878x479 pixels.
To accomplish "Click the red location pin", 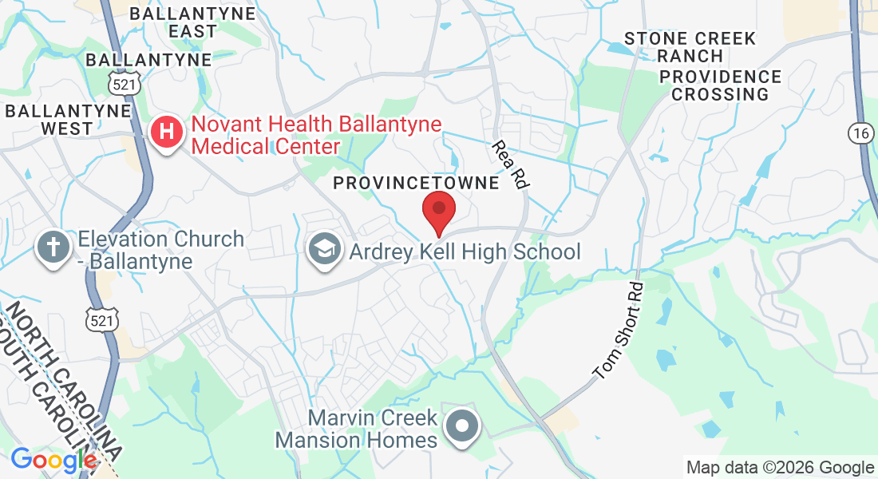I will coord(438,210).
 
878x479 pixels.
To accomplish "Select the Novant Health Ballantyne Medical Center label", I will coord(316,136).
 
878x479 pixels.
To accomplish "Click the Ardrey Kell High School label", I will coord(465,252).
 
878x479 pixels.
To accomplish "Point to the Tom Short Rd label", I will coord(618,330).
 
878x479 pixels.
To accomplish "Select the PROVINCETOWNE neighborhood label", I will coord(416,183).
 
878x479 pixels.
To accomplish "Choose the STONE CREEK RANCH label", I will coord(690,47).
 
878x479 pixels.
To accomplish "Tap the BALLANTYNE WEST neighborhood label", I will coord(67,119).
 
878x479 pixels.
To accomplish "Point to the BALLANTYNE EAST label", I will coord(192,22).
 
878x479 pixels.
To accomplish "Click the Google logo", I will coord(53,460).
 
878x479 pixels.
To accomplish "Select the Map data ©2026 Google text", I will coord(780,468).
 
